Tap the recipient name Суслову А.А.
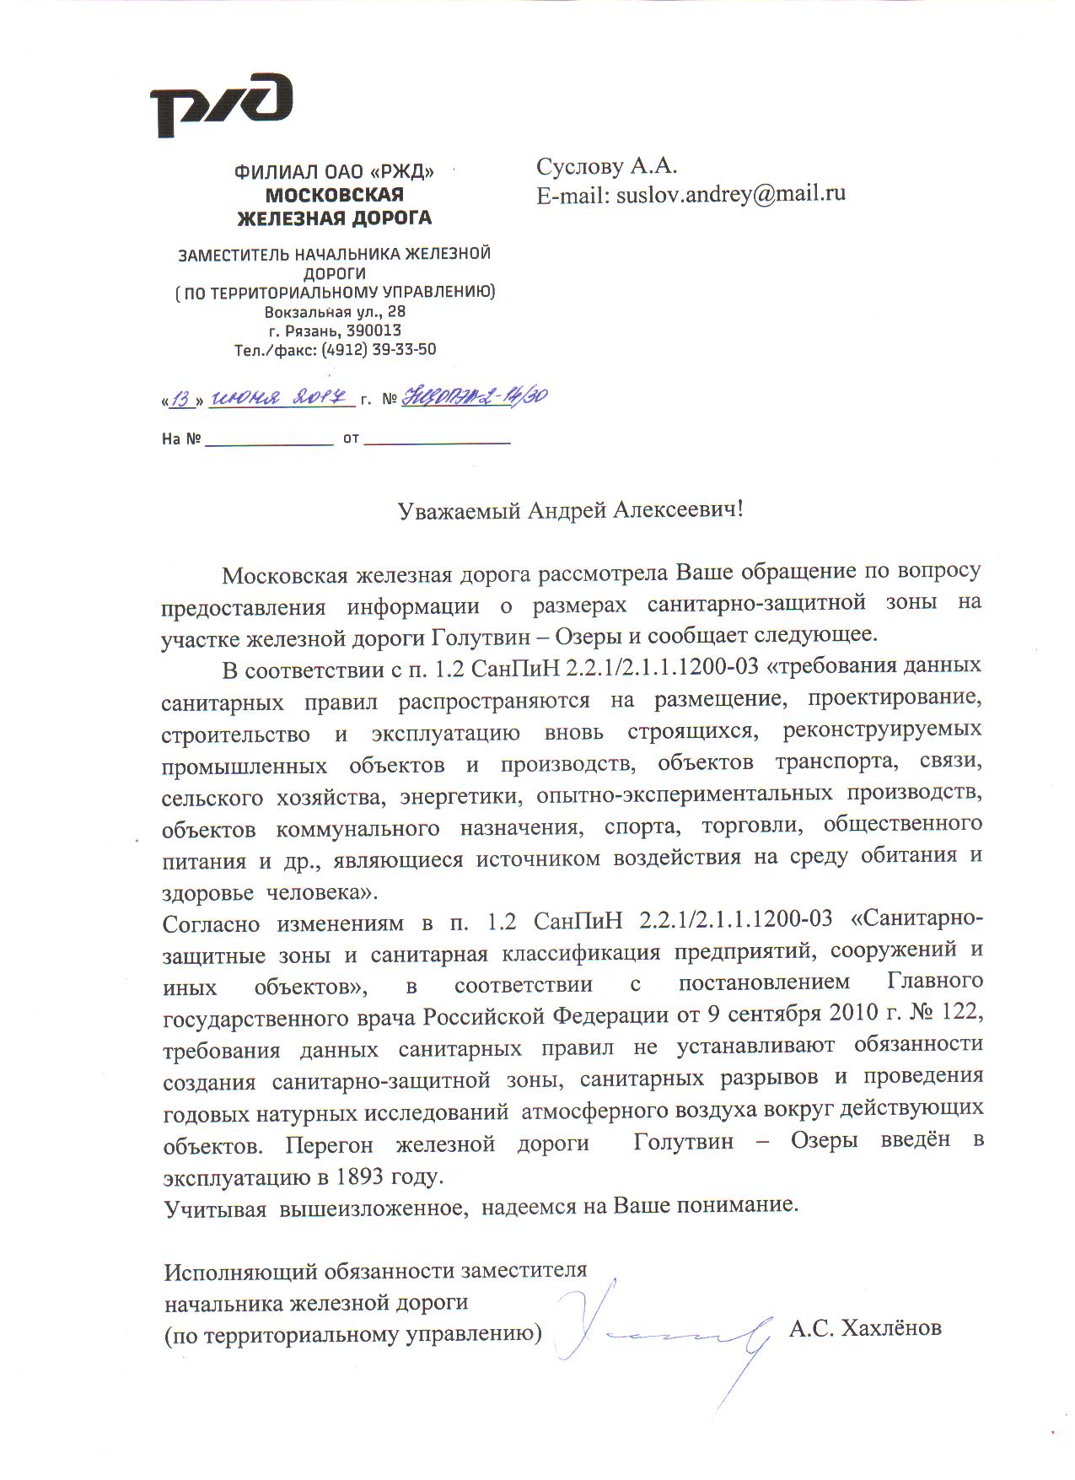[x=606, y=166]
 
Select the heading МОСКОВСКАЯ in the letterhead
[x=334, y=195]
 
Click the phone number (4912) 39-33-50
[x=379, y=349]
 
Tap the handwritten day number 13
[x=180, y=399]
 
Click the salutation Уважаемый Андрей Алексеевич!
[x=571, y=510]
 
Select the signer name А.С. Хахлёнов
[x=865, y=1329]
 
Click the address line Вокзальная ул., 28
[x=335, y=312]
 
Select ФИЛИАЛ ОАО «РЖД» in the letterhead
[x=334, y=173]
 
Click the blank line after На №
[x=269, y=439]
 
